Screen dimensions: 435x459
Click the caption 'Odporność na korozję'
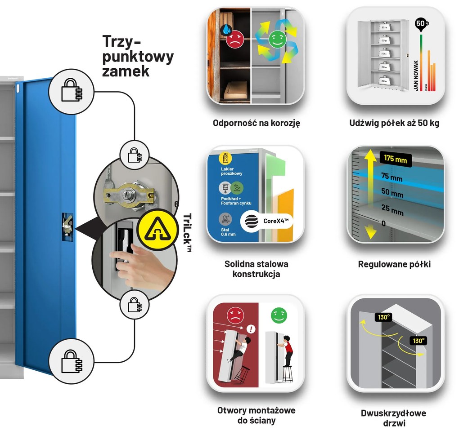pyautogui.click(x=256, y=123)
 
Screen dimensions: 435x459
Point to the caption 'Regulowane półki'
pyautogui.click(x=394, y=264)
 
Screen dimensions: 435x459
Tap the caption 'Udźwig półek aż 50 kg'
pyautogui.click(x=394, y=123)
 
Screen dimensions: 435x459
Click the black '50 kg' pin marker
pyautogui.click(x=420, y=24)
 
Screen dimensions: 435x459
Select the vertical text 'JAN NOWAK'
pyautogui.click(x=416, y=75)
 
